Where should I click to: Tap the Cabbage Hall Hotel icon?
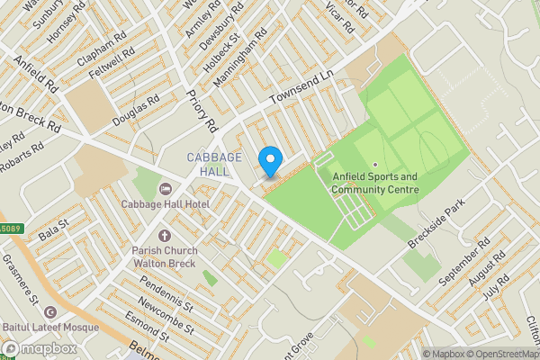(165, 189)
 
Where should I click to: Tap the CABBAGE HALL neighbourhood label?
(215, 165)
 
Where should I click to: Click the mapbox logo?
(39, 348)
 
